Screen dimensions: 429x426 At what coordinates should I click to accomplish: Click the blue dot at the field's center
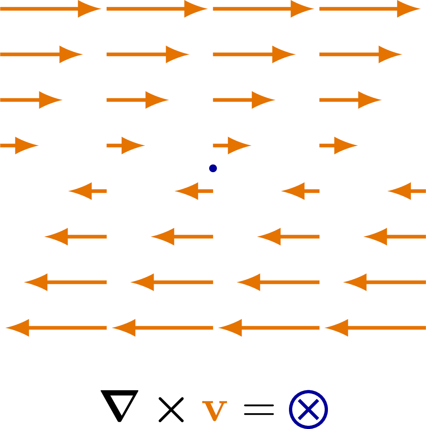coord(213,168)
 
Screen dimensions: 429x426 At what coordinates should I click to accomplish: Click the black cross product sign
coord(171,410)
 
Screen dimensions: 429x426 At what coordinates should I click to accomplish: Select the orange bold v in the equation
coord(214,411)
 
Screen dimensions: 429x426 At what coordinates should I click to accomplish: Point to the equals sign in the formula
coord(259,410)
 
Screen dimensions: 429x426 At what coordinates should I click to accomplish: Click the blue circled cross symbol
coord(308,409)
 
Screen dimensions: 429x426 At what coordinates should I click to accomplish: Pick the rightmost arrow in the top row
coord(370,9)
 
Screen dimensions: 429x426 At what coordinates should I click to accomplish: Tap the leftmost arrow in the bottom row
coord(57,328)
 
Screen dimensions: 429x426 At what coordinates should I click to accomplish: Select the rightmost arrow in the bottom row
coord(375,328)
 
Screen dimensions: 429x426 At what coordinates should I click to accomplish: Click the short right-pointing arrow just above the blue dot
coord(232,145)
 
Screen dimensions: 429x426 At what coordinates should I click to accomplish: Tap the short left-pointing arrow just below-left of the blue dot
coord(194,191)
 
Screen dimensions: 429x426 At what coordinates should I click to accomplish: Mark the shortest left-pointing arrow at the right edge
coord(407,191)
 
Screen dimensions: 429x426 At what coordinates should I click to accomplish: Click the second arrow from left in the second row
coord(148,54)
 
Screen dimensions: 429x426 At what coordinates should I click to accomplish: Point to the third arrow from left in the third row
coord(244,100)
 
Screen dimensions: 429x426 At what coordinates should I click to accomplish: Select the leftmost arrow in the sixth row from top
coord(76,237)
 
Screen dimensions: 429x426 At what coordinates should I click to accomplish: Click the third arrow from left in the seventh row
coord(278,282)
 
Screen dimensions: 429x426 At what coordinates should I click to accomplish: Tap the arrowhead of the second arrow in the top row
coord(195,9)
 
